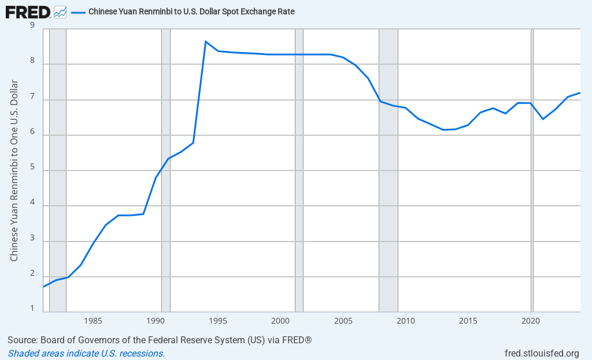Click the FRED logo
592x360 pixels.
pos(27,11)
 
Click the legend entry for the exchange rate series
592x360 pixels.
pos(191,12)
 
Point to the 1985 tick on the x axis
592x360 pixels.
pos(92,320)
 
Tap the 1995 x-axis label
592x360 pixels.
pos(218,320)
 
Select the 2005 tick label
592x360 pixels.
pos(343,320)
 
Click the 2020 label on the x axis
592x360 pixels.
pos(531,320)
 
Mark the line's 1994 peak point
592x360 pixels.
pos(205,41)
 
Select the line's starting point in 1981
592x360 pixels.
pos(44,287)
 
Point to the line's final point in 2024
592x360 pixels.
pos(579,93)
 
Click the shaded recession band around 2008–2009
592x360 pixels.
pos(388,173)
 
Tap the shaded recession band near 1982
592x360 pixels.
pos(57,173)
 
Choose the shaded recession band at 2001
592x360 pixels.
pos(299,173)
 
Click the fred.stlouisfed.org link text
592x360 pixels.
pos(542,353)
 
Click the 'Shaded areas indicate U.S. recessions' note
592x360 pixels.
pos(86,353)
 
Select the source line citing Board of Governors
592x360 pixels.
pos(160,340)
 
